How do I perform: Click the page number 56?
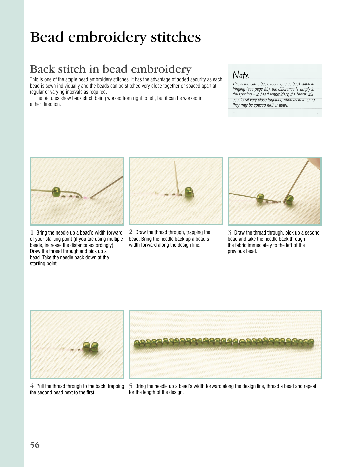click(35, 445)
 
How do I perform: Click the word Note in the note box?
click(240, 75)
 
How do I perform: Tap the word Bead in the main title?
click(47, 37)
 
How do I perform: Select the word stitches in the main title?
click(176, 37)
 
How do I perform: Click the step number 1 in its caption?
click(32, 232)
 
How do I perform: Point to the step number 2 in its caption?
click(131, 232)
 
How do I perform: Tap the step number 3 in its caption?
click(230, 232)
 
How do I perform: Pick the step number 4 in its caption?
click(32, 386)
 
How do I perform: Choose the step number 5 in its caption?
click(131, 386)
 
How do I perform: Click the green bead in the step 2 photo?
click(189, 192)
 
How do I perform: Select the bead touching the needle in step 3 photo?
click(289, 199)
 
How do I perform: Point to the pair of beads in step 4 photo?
click(91, 348)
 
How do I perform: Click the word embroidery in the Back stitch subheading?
click(161, 69)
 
